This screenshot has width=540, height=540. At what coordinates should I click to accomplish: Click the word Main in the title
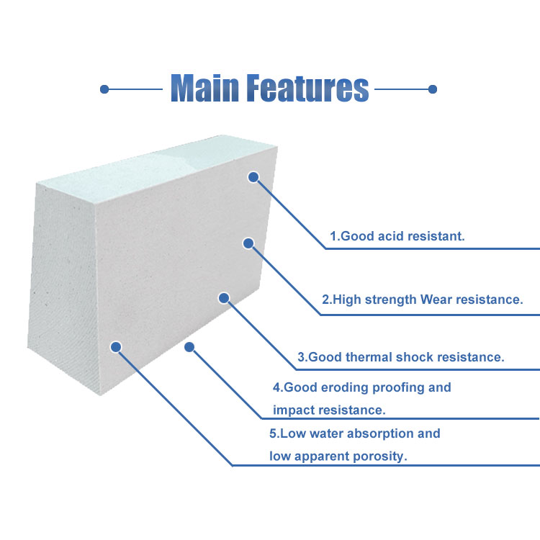coord(204,89)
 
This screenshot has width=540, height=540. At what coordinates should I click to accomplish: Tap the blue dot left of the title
coord(104,89)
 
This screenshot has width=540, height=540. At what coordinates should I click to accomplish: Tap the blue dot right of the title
coord(433,89)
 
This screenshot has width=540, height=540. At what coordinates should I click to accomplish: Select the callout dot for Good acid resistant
coord(253,176)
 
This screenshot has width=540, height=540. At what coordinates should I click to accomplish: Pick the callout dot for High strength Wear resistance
coord(248,243)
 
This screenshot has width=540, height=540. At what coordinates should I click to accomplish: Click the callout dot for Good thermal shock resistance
coord(223,297)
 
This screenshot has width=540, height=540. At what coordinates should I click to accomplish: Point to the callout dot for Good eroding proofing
coord(189,347)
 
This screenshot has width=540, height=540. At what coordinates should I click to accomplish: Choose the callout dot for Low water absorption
coord(115,347)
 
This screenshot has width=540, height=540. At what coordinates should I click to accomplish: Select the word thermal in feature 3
coord(365,356)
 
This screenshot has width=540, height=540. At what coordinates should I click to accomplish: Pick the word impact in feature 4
coord(293,410)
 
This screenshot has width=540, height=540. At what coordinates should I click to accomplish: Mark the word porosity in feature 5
coord(381,456)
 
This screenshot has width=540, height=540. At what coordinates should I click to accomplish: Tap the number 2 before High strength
coord(325,300)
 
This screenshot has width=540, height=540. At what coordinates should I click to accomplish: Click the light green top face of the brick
coord(158,162)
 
